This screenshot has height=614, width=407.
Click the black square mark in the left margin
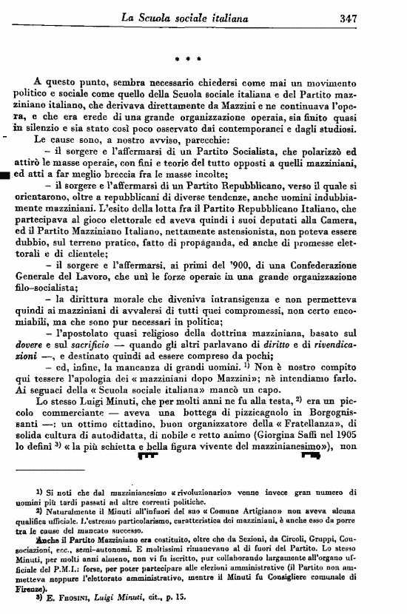click(5, 175)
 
